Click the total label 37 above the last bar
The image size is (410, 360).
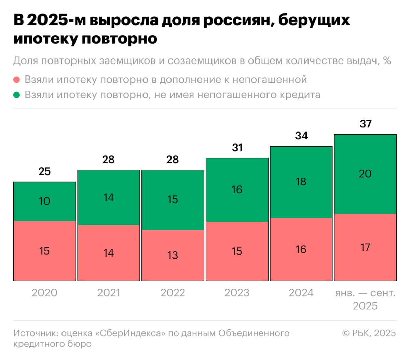coord(365,124)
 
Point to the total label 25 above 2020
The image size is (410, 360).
coord(44,171)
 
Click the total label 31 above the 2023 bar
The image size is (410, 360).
coord(237,148)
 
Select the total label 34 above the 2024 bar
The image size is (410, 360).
coord(301,136)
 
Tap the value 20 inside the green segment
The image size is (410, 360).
coord(365,174)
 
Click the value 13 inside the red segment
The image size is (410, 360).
coord(173,255)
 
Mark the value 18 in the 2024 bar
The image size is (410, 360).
coord(301,182)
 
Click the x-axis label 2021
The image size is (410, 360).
coord(109,293)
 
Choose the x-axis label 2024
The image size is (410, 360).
coord(301,293)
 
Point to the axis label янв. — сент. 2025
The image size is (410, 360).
coord(365,299)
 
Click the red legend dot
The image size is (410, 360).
coord(17,80)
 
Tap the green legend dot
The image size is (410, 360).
coord(17,95)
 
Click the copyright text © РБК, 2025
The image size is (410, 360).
coord(369,333)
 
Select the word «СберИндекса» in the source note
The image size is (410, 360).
coord(130,333)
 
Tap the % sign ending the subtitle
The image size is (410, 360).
coord(387,61)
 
